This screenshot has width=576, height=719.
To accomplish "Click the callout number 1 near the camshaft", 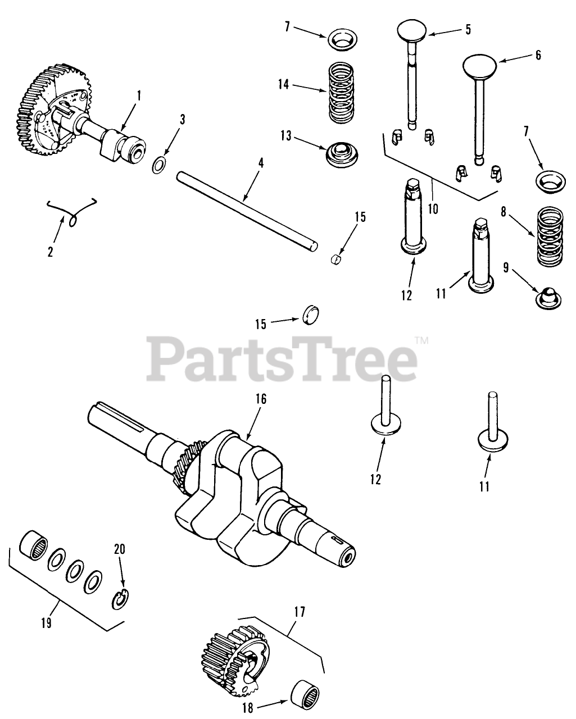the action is [x=139, y=95].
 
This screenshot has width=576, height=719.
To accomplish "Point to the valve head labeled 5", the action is [x=414, y=31].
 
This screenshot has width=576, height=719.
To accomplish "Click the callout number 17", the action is [x=299, y=612].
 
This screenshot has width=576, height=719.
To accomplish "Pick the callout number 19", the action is [x=46, y=623].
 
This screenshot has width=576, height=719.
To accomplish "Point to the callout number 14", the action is [x=283, y=84].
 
